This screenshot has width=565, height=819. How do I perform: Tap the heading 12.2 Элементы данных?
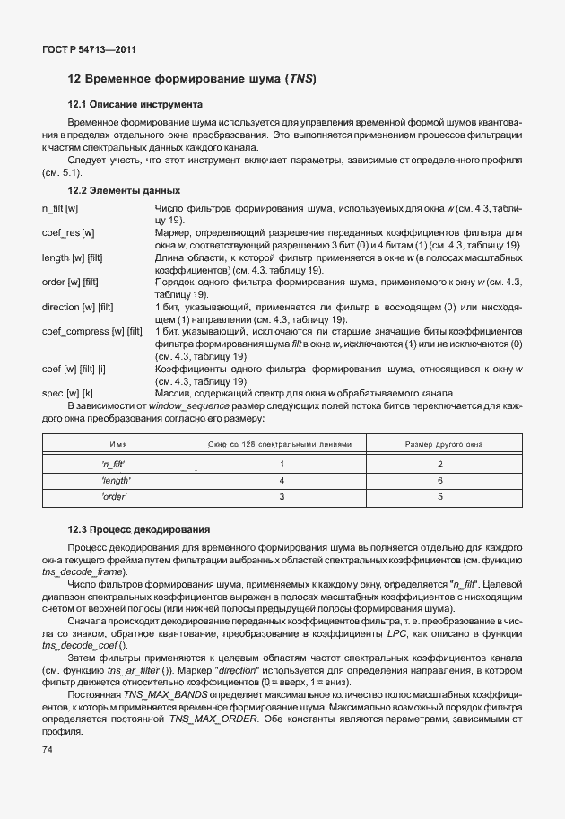pyautogui.click(x=125, y=190)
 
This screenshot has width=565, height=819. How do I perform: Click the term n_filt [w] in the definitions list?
pyautogui.click(x=61, y=208)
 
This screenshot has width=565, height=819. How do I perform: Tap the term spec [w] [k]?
pyautogui.click(x=67, y=392)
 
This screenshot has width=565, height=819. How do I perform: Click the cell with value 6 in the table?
pyautogui.click(x=440, y=480)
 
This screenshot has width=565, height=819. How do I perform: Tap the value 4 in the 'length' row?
pyautogui.click(x=282, y=480)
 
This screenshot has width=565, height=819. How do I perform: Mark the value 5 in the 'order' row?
pyautogui.click(x=440, y=496)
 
